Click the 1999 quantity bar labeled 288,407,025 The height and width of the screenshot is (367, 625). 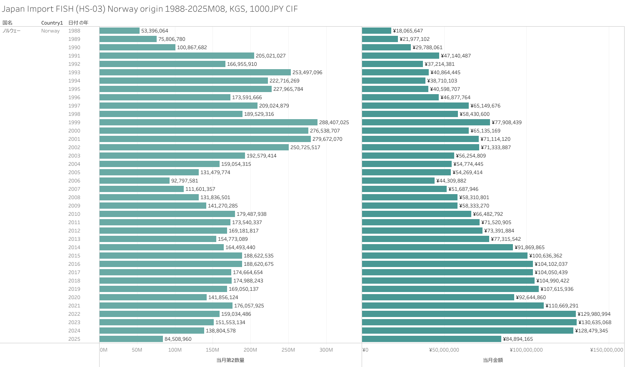click(208, 122)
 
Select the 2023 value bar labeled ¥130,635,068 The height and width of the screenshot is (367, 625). click(469, 322)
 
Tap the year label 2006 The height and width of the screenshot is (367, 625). click(74, 181)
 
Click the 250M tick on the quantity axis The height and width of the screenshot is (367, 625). click(288, 350)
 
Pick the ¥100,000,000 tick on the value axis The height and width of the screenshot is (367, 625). click(527, 350)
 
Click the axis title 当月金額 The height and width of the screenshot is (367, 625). click(493, 360)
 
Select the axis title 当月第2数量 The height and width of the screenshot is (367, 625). click(230, 360)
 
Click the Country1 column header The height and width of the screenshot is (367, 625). click(52, 23)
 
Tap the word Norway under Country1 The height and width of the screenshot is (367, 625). click(50, 31)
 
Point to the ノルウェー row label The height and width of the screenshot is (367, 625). click(12, 31)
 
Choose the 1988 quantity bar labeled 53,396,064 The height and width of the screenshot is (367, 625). click(120, 31)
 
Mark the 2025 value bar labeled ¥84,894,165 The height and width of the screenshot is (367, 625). click(432, 339)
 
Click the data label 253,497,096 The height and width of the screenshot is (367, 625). click(307, 72)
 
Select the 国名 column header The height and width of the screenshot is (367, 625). click(7, 23)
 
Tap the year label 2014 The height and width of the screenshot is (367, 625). click(74, 247)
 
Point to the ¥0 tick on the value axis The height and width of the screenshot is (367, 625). click(365, 350)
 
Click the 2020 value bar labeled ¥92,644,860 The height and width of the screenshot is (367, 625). click(438, 297)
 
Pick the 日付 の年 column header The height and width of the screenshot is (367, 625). click(78, 23)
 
